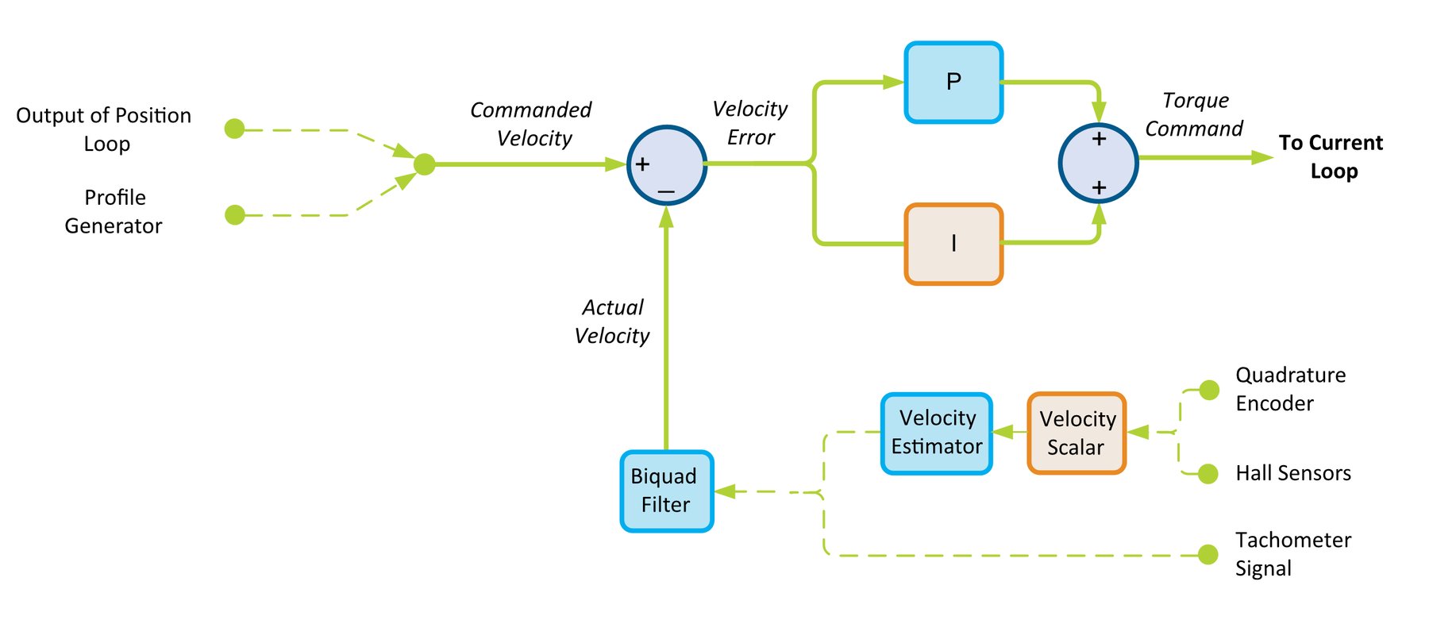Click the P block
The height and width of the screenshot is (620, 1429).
point(953,83)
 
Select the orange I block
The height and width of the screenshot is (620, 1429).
point(953,245)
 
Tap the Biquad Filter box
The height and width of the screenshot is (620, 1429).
point(666,491)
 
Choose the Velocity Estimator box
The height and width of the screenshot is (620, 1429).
point(937,433)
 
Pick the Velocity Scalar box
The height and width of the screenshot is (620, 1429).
point(1077,433)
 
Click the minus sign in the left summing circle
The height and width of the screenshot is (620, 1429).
point(666,192)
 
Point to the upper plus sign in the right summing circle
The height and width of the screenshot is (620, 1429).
point(1099,139)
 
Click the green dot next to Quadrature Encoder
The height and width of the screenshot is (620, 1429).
point(1209,390)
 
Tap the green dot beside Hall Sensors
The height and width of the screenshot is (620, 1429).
point(1208,474)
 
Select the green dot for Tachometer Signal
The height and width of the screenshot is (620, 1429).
point(1208,554)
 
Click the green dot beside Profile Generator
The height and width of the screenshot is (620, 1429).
point(234,214)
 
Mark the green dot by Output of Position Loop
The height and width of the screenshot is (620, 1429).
point(234,129)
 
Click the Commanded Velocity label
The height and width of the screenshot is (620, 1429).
point(531,124)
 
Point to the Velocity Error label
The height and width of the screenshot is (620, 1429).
point(750,123)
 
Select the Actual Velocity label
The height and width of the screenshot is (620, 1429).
point(612,322)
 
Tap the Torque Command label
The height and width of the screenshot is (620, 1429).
point(1194,114)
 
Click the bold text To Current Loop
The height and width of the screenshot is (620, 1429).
point(1331,156)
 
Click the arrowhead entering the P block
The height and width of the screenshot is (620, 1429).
point(894,82)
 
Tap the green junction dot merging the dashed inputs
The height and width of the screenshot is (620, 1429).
point(425,164)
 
